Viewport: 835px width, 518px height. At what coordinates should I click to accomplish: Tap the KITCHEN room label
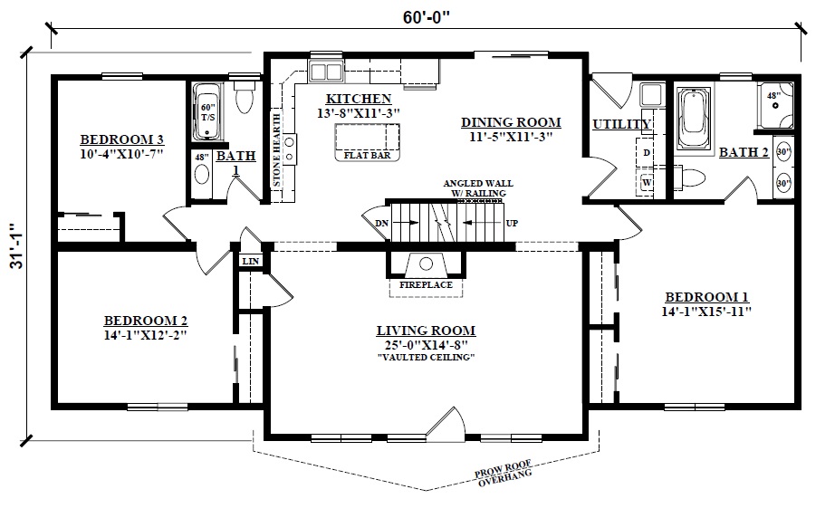point(359,99)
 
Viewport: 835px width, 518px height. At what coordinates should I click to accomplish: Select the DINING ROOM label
point(510,122)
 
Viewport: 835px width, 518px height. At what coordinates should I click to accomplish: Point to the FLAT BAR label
point(367,155)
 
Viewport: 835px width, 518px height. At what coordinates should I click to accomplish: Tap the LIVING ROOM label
point(426,331)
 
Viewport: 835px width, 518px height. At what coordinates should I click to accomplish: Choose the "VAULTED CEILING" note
point(426,357)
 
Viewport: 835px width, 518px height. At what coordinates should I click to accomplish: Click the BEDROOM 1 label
point(706,297)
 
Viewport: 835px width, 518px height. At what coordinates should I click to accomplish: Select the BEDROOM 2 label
point(146,321)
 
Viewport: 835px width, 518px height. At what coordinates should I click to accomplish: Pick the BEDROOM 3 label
point(121,139)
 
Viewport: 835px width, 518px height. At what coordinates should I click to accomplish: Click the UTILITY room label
point(621,124)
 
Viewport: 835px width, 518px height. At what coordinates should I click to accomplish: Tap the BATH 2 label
point(744,152)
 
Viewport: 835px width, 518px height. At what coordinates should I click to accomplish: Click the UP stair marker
point(511,222)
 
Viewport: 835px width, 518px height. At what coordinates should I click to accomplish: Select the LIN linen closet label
point(251,262)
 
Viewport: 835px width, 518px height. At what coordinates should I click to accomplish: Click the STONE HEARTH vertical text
point(277,149)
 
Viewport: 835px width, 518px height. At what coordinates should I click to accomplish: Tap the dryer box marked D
point(648,153)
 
